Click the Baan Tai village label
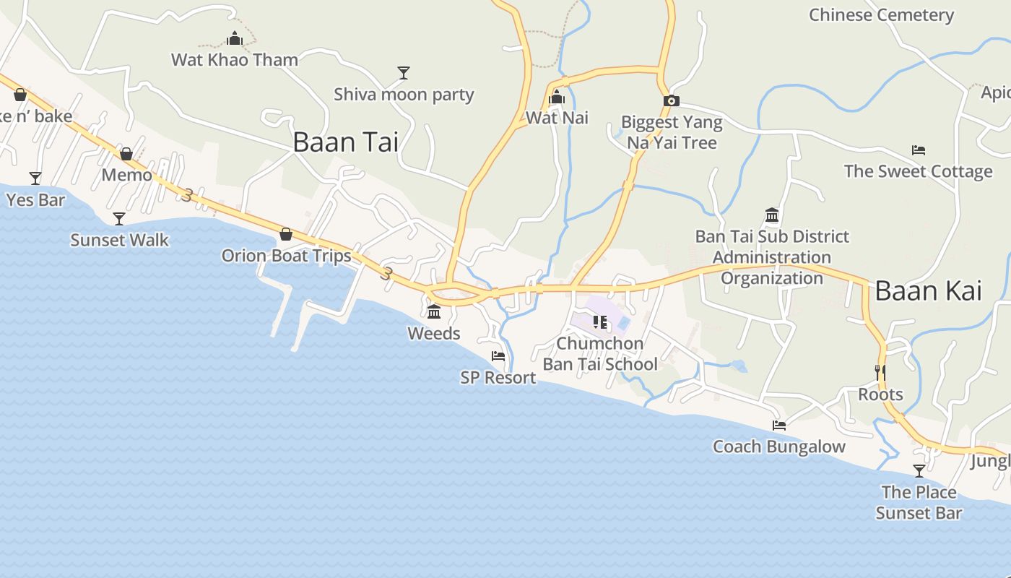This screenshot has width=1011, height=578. (345, 142)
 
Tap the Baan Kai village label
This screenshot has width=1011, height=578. (928, 291)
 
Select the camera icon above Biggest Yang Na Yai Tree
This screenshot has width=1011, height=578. (672, 101)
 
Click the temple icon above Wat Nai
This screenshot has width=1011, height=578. (557, 98)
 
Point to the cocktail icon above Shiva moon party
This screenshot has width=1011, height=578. (404, 73)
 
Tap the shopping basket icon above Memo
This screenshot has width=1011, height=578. (126, 154)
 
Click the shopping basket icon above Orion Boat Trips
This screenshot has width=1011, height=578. (286, 234)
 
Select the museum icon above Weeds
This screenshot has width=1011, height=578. (434, 312)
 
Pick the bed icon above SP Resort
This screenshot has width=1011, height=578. (498, 356)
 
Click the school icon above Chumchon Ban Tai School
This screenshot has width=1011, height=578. (599, 322)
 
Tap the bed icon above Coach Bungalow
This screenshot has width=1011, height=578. (778, 426)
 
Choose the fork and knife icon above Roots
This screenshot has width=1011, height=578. (880, 373)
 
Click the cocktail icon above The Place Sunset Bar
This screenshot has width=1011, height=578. (919, 471)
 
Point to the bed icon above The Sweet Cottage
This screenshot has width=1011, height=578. (919, 150)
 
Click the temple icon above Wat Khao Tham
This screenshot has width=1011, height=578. (235, 39)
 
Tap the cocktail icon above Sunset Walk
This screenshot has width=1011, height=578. (119, 218)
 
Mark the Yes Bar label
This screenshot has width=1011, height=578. (36, 199)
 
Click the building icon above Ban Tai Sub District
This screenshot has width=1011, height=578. (772, 215)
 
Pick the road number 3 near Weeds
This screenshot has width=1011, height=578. (386, 274)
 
